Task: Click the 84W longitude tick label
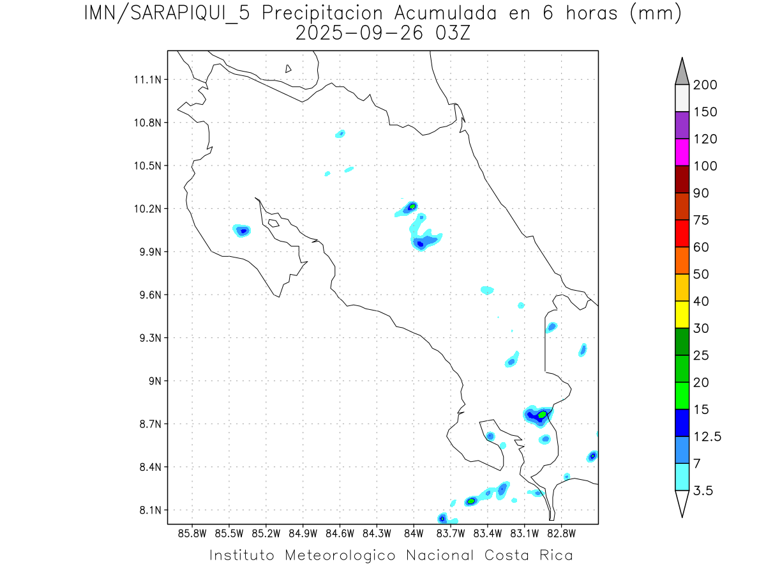click(414, 533)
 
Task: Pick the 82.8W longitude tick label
click(562, 533)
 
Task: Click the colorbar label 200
click(704, 85)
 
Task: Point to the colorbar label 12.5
click(707, 436)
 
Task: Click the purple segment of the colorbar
click(682, 125)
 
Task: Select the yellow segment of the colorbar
click(682, 314)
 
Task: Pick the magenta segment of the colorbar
click(682, 152)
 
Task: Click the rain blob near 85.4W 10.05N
click(242, 230)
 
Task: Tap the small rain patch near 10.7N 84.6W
click(341, 134)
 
